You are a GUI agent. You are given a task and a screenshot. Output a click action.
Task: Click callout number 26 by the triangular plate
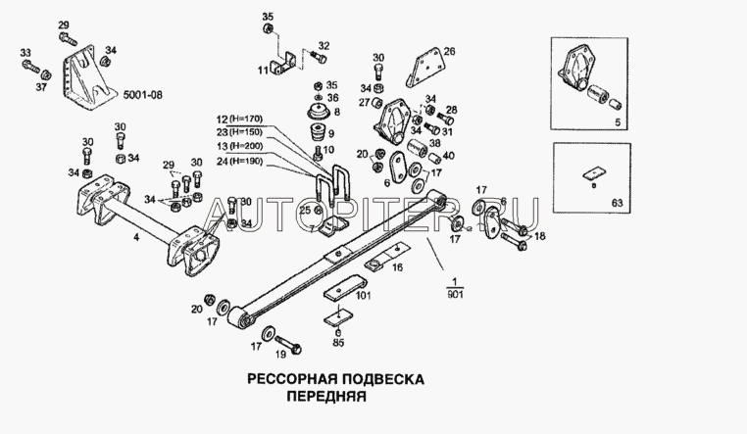(x=450, y=51)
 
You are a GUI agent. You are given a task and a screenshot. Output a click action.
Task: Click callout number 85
(x=338, y=343)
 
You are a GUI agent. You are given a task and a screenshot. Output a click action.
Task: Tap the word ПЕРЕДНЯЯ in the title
(x=326, y=399)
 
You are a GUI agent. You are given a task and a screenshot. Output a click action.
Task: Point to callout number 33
(x=25, y=52)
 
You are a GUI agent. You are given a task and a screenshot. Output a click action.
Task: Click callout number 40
(x=448, y=155)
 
